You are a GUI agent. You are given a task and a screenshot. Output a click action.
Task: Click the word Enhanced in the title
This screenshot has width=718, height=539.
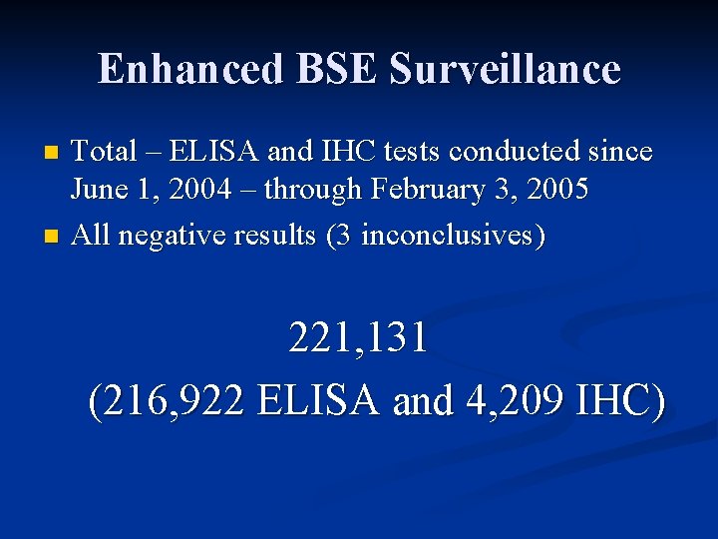click(x=188, y=69)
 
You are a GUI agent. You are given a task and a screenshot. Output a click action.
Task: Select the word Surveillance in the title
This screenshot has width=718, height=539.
click(x=506, y=69)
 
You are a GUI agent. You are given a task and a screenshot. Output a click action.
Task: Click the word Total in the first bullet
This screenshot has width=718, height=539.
click(x=105, y=152)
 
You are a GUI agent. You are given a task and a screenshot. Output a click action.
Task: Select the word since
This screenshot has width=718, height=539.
click(x=620, y=152)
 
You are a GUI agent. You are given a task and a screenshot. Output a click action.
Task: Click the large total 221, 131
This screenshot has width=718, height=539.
click(x=359, y=338)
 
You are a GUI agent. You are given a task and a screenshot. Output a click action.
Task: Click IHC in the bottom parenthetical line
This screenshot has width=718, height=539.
click(x=619, y=401)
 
